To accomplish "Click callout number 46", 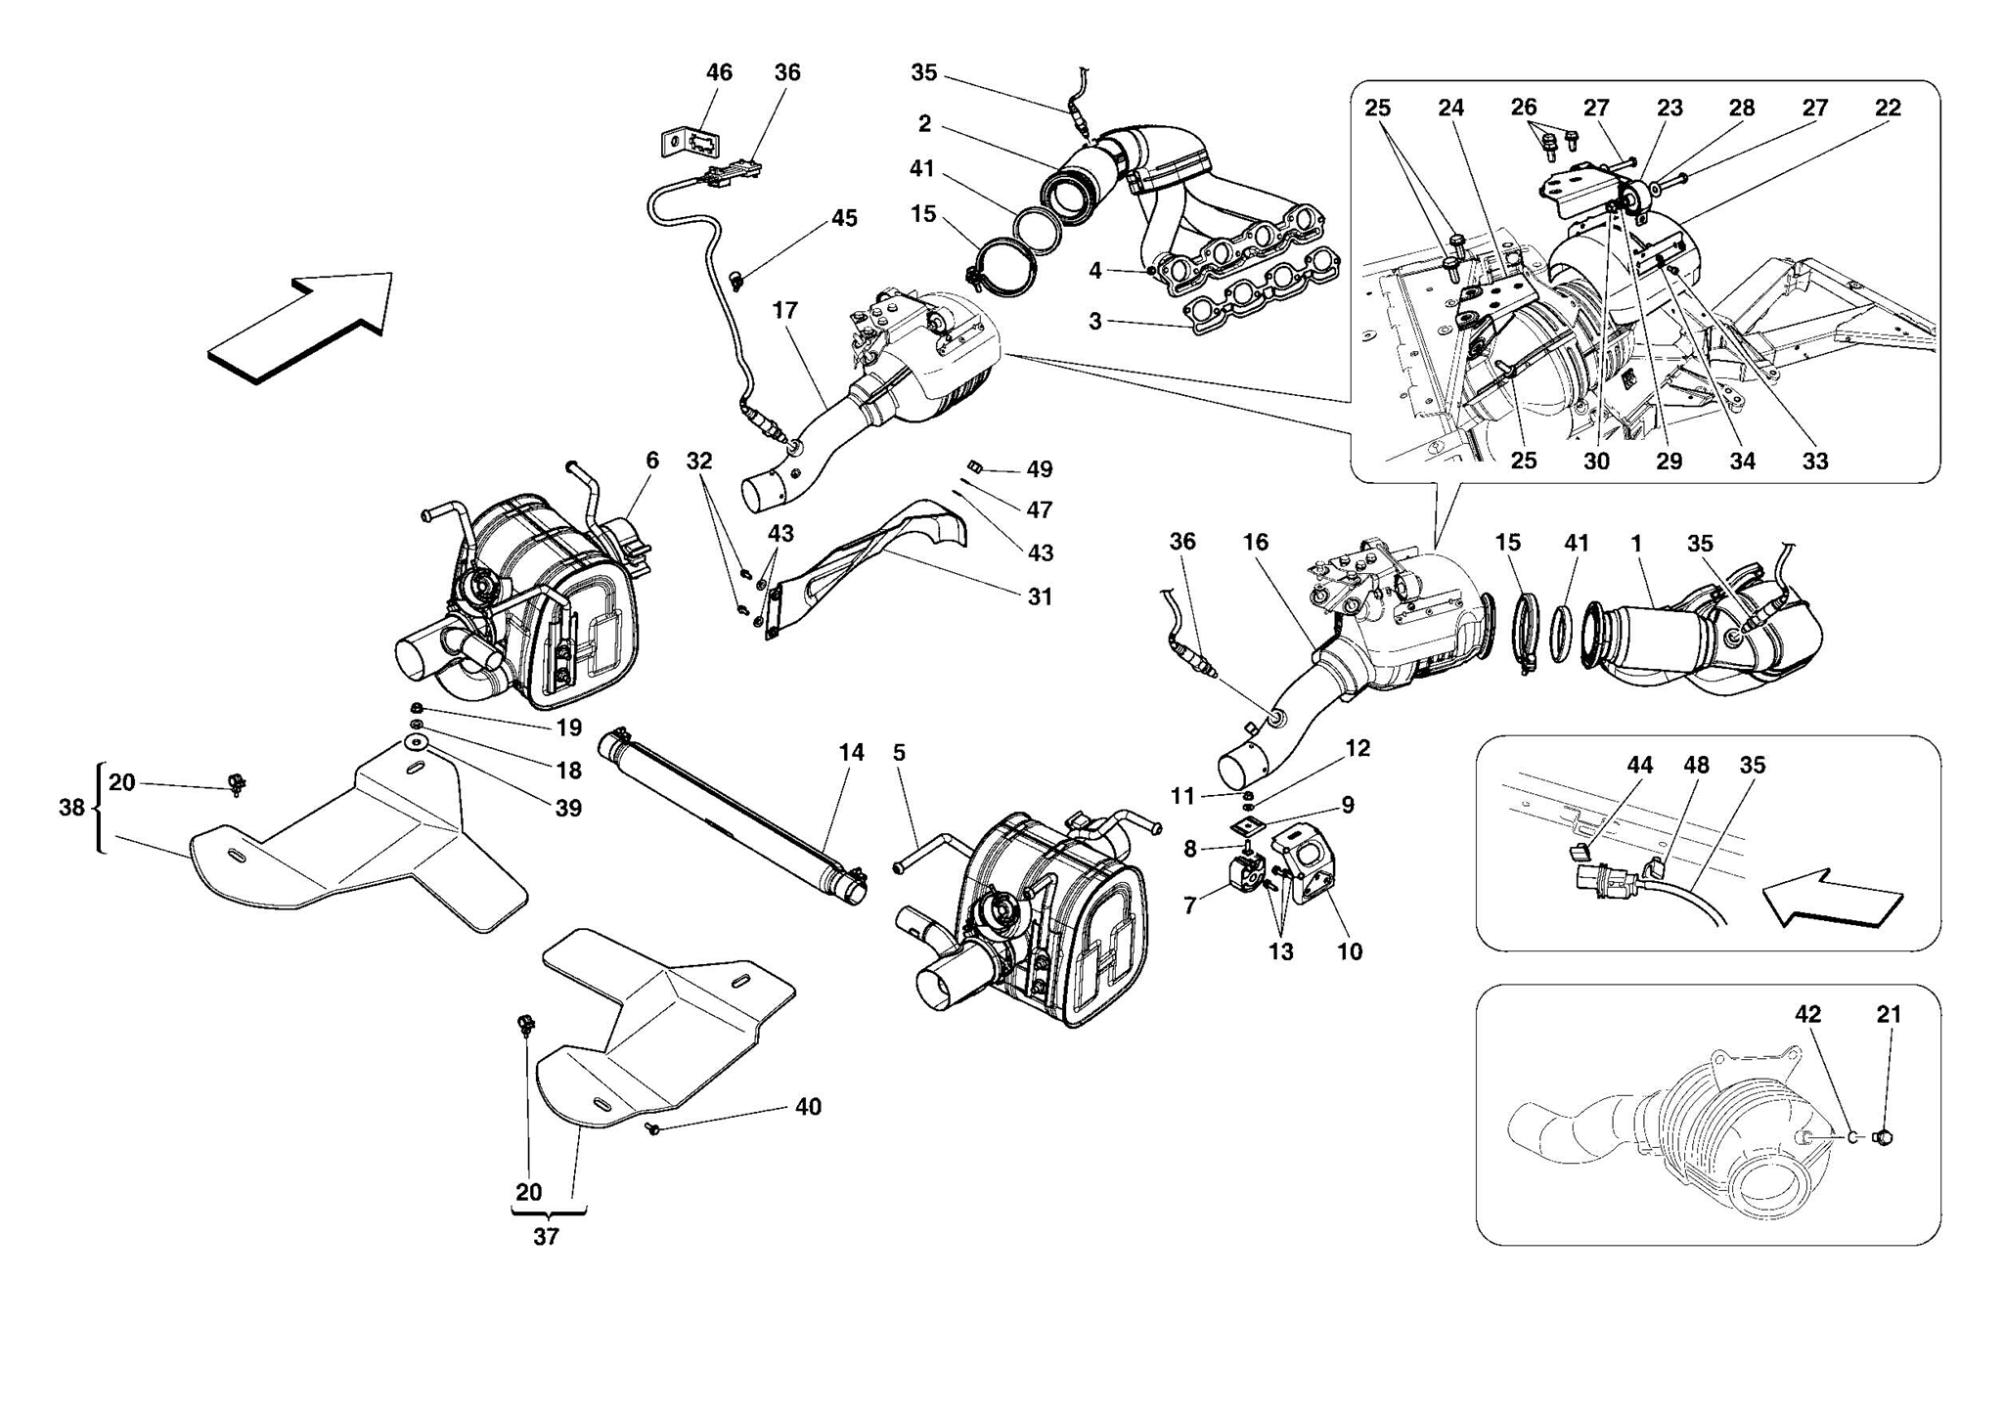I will point(719,72).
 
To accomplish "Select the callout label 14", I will point(851,752).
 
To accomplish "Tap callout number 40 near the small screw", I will point(808,1107).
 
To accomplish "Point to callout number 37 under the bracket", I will point(546,1236).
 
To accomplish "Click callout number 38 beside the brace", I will point(71,808).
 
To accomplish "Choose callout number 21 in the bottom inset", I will point(1889,1015).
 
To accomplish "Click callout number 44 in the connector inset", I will point(1640,765).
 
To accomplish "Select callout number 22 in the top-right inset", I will point(1888,108).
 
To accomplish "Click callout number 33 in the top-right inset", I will point(1815,461).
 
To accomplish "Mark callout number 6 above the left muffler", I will point(652,460).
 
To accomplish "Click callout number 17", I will point(784,310).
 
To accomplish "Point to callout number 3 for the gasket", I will point(1095,321).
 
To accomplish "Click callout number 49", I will point(1040,469).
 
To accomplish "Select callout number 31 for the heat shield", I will point(1040,596).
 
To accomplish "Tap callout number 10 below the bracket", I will point(1350,951).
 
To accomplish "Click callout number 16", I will point(1256,542).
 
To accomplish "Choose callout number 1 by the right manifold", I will point(1636,542).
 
